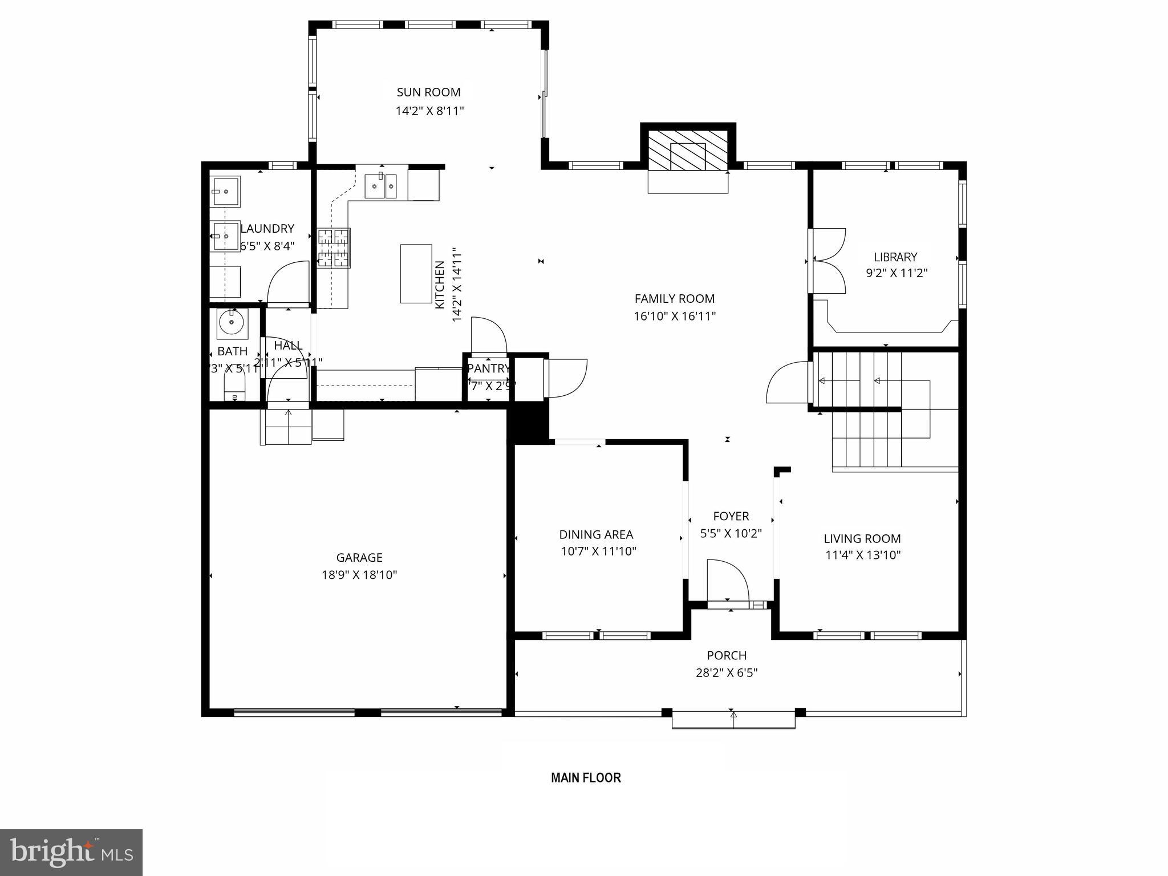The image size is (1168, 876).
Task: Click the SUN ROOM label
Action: point(428,92)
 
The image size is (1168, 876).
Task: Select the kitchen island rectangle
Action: point(416,274)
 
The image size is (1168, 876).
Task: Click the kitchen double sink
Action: point(380,185)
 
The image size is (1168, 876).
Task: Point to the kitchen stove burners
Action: point(334,248)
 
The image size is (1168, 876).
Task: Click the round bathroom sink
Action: point(232,323)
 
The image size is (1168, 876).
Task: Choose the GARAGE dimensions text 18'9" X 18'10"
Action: point(359,575)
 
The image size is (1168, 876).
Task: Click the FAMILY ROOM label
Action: point(674,298)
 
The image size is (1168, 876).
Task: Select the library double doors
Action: point(827,261)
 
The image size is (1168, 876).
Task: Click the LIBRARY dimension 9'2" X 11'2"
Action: point(897,273)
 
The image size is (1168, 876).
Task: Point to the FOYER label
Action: point(731,516)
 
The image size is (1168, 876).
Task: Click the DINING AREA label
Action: point(596,534)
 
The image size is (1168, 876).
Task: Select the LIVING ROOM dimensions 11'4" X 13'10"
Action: point(862,555)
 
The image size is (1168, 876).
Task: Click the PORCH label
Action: point(726,655)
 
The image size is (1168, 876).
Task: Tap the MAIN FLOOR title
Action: point(586,777)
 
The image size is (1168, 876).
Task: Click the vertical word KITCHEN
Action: point(440,285)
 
